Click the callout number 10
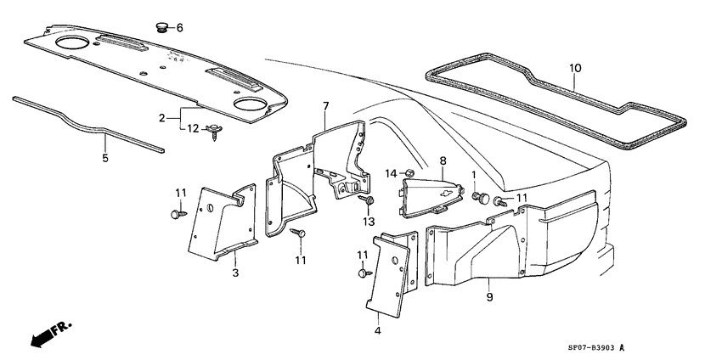(x=574, y=67)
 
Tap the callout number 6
(x=179, y=28)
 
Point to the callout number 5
(x=105, y=157)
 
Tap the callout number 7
(x=325, y=105)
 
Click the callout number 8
(x=442, y=160)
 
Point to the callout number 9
(x=489, y=297)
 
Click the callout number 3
(x=235, y=273)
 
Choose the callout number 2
(x=161, y=118)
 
